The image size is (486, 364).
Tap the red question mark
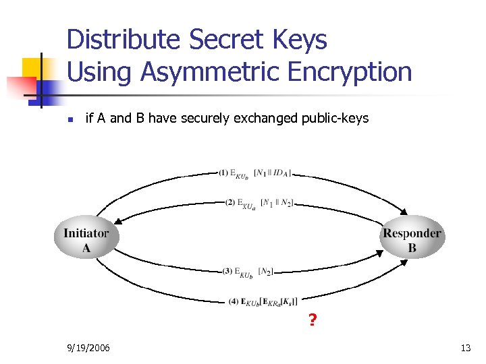coord(312,320)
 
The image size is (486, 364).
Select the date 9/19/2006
coord(90,348)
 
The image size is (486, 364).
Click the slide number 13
coord(465,348)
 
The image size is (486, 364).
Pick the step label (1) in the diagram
coord(224,173)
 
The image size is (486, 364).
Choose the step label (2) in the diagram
coord(230,202)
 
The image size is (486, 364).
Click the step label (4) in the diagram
coord(234,301)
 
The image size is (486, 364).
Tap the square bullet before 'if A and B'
coord(70,120)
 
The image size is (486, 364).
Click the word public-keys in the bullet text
coord(336,119)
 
